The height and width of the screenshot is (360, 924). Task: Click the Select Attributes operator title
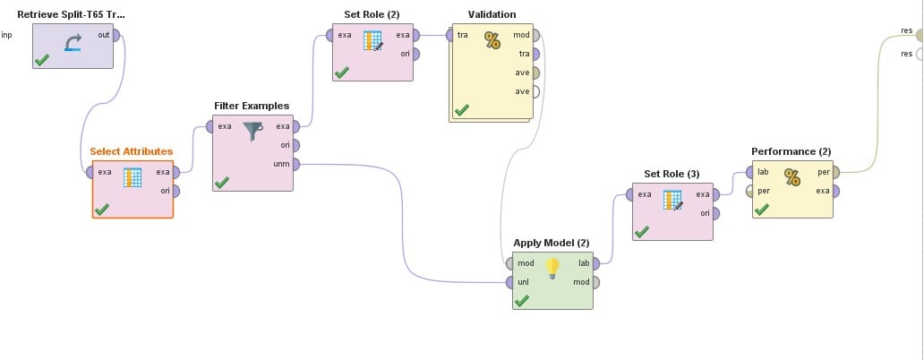[x=132, y=151]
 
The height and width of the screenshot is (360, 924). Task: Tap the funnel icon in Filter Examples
[x=252, y=131]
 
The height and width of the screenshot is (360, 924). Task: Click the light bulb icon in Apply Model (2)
[x=552, y=268]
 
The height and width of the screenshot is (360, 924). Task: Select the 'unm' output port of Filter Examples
[x=295, y=165]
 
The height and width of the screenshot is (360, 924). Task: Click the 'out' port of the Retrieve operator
[x=116, y=35]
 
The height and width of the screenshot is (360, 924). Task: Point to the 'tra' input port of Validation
[x=450, y=35]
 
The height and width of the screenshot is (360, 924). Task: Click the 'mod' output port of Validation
[x=535, y=35]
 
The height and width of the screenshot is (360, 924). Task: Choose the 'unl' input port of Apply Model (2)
[x=509, y=282]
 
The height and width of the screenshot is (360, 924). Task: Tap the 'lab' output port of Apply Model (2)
[x=595, y=263]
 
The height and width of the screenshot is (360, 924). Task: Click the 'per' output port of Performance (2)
[x=835, y=173]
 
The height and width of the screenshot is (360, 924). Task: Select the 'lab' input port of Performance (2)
[x=750, y=173]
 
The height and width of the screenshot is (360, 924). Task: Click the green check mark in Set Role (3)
[x=642, y=232]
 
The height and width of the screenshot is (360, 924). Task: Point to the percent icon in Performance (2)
[x=792, y=177]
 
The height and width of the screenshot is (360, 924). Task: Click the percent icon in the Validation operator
[x=492, y=40]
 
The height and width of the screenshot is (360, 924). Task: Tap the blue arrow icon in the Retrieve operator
[x=73, y=42]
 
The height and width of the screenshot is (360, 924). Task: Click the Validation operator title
[x=492, y=14]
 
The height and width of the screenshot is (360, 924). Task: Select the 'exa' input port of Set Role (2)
[x=330, y=35]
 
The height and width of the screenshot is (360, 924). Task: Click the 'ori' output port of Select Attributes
[x=175, y=191]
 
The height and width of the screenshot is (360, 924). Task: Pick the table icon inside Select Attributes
[x=133, y=177]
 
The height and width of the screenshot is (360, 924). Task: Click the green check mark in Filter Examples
[x=221, y=183]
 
